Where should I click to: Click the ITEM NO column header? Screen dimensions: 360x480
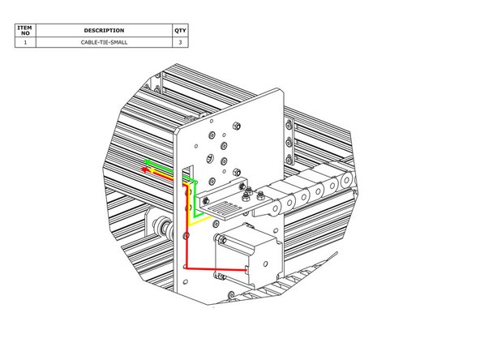(x=25, y=30)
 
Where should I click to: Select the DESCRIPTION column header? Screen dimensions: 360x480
(x=104, y=30)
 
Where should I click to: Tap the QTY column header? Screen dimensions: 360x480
(x=180, y=30)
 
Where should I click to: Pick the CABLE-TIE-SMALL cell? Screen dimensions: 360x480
(x=104, y=42)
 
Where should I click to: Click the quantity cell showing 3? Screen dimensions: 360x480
(x=180, y=42)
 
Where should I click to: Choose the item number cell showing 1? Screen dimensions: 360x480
(x=25, y=42)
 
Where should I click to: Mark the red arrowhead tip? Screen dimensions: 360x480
(x=143, y=170)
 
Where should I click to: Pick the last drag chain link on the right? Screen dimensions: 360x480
(x=346, y=182)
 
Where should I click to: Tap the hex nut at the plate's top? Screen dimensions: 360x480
(x=234, y=126)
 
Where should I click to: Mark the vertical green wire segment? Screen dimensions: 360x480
(x=195, y=195)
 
